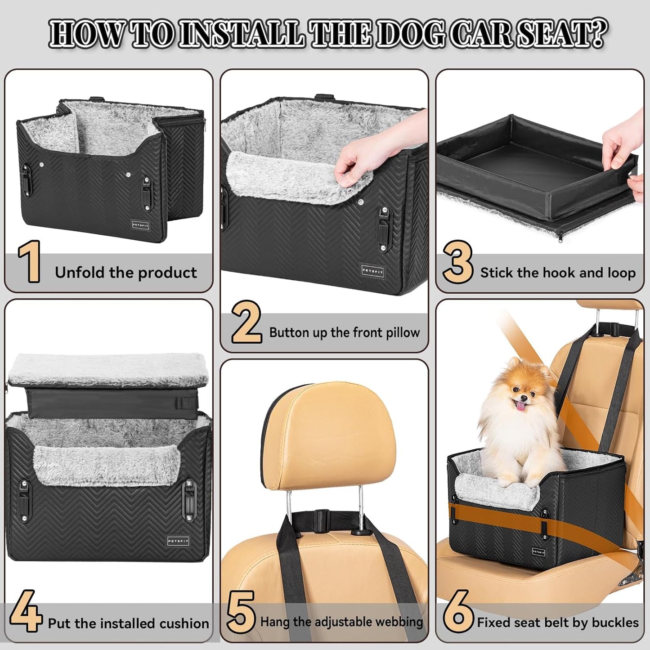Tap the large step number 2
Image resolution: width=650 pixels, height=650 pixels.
click(x=247, y=323)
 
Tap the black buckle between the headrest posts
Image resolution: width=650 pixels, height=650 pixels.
click(x=321, y=514)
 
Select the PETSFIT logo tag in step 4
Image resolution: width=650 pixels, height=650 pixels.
click(x=178, y=541)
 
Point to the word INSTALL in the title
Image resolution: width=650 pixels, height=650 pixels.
click(x=241, y=34)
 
